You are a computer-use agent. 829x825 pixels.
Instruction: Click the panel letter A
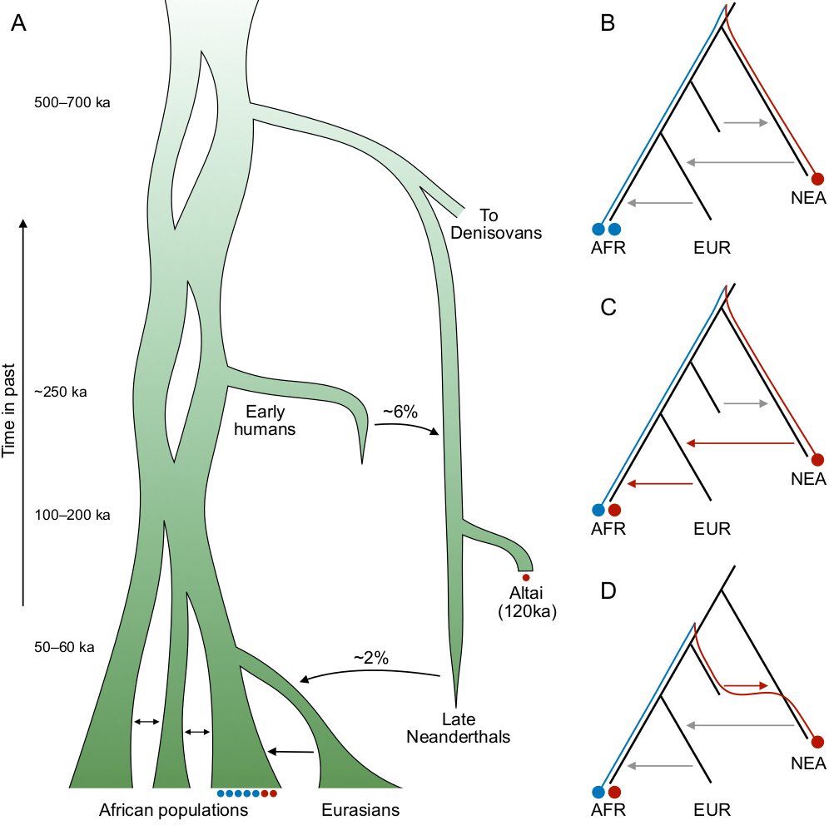coord(19,24)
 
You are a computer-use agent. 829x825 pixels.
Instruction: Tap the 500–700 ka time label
coord(72,103)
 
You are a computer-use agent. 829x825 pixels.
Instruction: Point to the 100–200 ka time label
coord(72,516)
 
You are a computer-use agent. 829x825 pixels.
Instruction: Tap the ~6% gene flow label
coord(400,411)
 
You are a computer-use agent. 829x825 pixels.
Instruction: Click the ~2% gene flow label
coord(371,658)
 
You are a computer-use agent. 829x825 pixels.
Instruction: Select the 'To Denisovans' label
coord(496,224)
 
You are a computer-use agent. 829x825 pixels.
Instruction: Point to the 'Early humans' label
coord(272,420)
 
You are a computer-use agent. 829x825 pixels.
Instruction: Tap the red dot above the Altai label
coord(525,576)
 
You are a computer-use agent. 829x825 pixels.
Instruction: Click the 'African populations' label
coord(173,809)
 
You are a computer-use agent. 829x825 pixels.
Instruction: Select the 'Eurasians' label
coord(360,809)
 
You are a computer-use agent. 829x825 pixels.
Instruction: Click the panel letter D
coord(608,591)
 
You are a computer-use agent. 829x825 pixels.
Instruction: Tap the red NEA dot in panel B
coord(817,178)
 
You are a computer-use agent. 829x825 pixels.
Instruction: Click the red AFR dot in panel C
coord(614,510)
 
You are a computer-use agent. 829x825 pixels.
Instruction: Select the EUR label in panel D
coord(711,808)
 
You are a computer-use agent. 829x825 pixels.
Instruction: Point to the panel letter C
coord(608,309)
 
